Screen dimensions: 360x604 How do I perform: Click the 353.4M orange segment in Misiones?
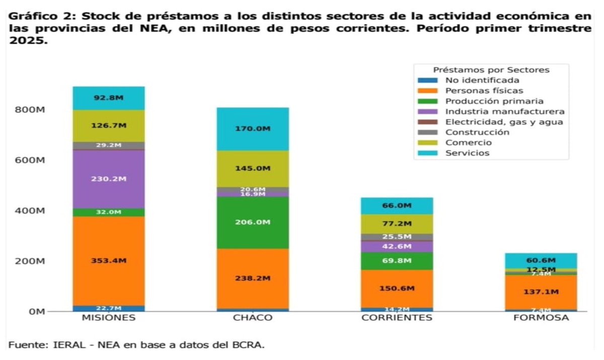click(x=108, y=261)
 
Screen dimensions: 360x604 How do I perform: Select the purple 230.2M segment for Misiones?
click(x=108, y=179)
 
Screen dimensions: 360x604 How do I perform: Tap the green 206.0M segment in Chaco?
click(x=253, y=222)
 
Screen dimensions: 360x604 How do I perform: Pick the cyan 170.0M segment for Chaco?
click(x=253, y=129)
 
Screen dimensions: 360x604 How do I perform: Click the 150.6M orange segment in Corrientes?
click(x=397, y=288)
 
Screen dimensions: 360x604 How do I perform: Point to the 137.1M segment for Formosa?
click(x=541, y=292)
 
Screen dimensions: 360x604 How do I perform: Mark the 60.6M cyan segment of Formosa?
click(x=541, y=260)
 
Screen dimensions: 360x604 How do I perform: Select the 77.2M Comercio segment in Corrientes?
click(x=397, y=224)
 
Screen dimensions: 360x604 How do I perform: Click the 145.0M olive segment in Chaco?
click(x=253, y=168)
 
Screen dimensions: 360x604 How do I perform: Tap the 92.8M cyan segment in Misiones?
click(x=108, y=98)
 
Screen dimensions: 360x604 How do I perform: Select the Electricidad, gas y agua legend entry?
click(x=503, y=122)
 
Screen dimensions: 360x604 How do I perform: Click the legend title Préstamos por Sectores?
click(x=491, y=70)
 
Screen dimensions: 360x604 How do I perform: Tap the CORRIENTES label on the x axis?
click(x=397, y=318)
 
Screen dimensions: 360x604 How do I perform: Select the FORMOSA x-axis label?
click(x=541, y=318)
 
